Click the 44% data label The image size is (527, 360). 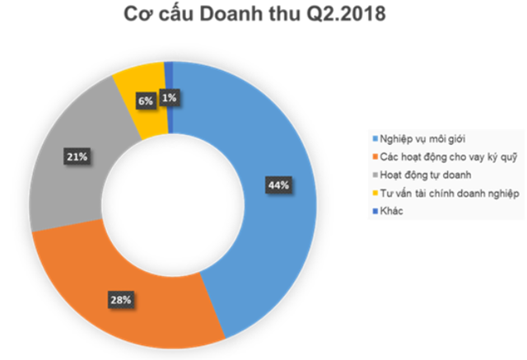click(277, 185)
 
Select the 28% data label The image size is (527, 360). click(121, 300)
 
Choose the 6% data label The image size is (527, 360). click(145, 101)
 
